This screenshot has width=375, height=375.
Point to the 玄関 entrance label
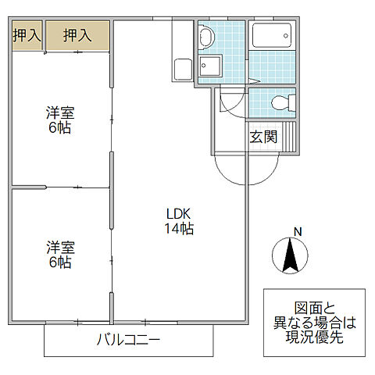click(x=262, y=137)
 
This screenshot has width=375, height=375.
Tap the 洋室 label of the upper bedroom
click(x=59, y=112)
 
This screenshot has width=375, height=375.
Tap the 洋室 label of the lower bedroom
click(x=59, y=248)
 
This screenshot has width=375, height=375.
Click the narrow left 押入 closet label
click(x=26, y=34)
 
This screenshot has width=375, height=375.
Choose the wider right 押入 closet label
click(x=77, y=34)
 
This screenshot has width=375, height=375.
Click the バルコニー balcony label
click(x=128, y=340)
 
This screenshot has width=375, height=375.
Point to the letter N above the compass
click(x=296, y=230)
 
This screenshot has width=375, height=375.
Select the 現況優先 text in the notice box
click(x=312, y=337)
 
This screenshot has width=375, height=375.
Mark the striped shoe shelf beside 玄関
click(x=289, y=137)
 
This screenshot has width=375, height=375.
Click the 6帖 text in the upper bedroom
click(x=59, y=127)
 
